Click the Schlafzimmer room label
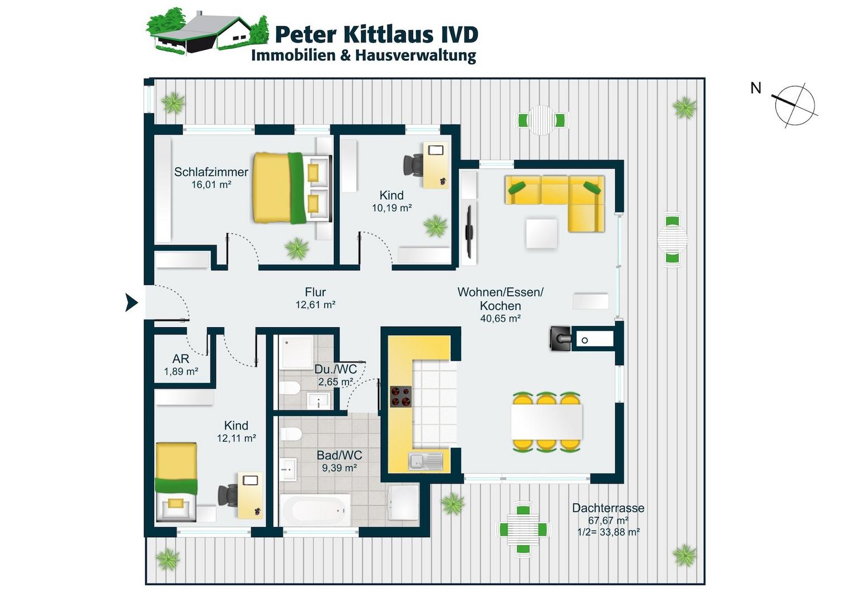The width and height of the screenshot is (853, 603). tap(211, 172)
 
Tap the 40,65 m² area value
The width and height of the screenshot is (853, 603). tap(500, 318)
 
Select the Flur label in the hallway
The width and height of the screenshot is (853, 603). tap(315, 292)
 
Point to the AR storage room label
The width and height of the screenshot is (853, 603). tap(180, 359)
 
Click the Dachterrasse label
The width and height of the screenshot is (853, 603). tap(608, 508)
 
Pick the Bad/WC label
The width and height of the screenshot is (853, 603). tap(339, 455)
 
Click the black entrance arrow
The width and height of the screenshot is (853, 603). tap(131, 303)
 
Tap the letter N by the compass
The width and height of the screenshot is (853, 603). tap(755, 88)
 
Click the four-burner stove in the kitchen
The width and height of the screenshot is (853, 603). tap(401, 396)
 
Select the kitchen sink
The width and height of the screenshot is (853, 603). tap(426, 461)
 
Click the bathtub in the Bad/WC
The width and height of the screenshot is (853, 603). tap(315, 510)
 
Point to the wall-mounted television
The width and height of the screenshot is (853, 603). tap(469, 232)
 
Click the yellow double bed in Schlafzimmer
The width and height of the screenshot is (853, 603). tap(291, 188)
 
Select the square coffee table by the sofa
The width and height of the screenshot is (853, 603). tap(541, 233)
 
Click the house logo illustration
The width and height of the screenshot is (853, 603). tap(207, 31)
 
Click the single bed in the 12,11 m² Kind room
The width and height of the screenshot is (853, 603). tap(176, 482)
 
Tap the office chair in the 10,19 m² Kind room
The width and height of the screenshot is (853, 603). tap(414, 165)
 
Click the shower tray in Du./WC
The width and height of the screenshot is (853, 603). tap(296, 352)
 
